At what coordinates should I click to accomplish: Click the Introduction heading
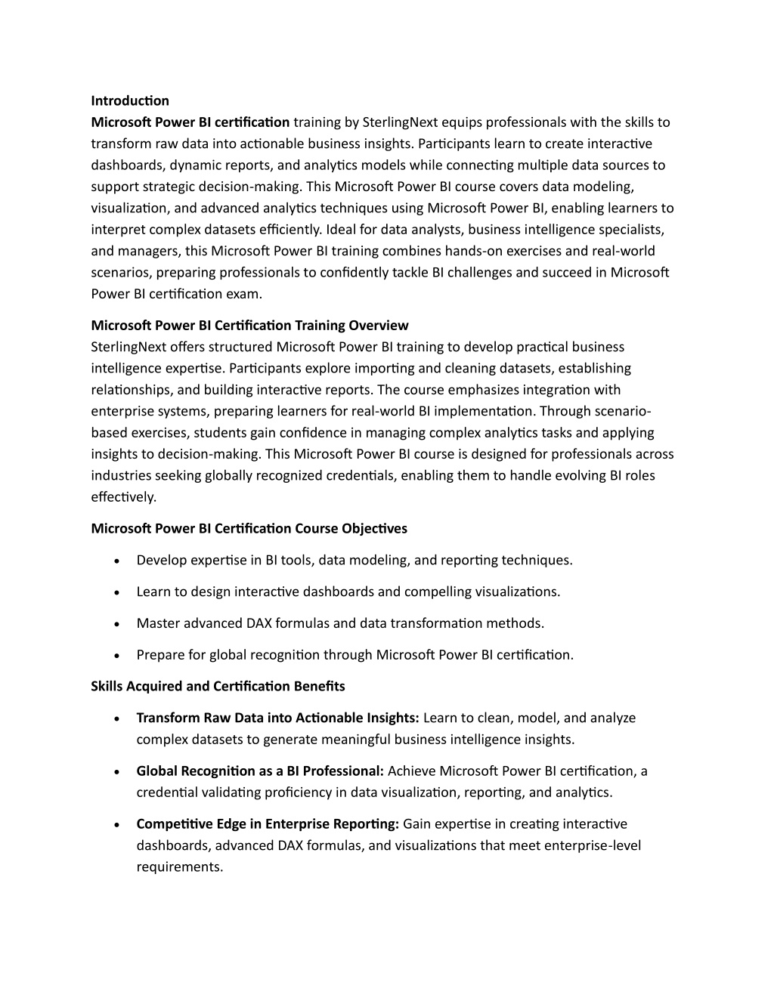(x=130, y=100)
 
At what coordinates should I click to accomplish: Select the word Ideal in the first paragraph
(x=344, y=230)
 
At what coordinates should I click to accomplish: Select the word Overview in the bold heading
(x=379, y=326)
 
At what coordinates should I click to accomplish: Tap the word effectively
(x=123, y=497)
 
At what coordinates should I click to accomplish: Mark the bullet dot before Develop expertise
(x=116, y=561)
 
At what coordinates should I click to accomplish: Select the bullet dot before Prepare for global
(x=116, y=656)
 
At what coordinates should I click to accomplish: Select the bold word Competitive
(x=175, y=824)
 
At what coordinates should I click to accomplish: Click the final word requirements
(x=180, y=867)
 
